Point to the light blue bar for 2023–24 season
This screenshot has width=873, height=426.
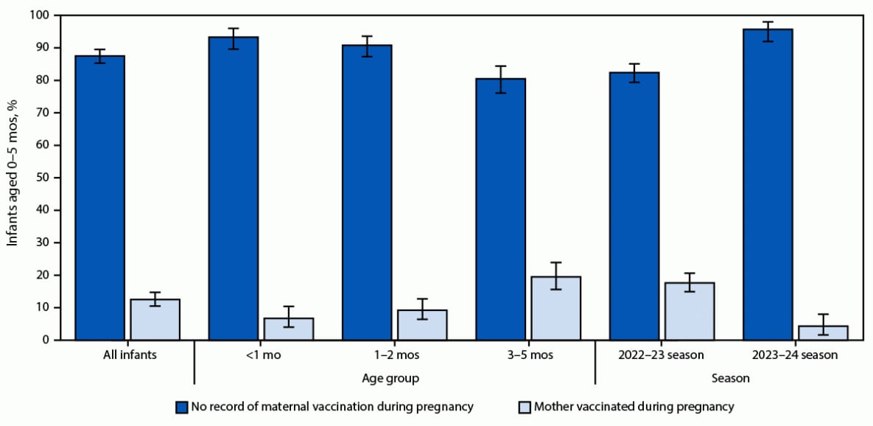pos(823,332)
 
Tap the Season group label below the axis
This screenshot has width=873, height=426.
pos(730,378)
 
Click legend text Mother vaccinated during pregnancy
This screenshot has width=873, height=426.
pos(634,406)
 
